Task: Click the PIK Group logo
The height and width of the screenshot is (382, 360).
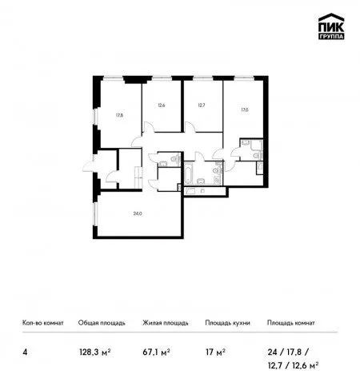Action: click(331, 26)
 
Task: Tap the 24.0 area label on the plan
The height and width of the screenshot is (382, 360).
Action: click(138, 213)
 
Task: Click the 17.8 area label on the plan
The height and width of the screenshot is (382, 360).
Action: click(119, 115)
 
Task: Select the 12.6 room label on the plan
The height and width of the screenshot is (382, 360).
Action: click(161, 105)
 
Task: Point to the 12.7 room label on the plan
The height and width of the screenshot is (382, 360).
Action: click(202, 105)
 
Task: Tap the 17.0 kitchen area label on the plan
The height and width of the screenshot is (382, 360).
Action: click(245, 109)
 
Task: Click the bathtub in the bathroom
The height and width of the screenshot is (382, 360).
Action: click(189, 173)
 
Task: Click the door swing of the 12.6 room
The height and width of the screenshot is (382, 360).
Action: click(149, 126)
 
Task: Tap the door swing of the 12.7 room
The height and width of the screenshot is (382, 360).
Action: click(190, 127)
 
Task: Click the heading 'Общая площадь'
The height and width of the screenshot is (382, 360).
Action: click(102, 323)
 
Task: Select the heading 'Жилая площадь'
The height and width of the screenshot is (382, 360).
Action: click(166, 323)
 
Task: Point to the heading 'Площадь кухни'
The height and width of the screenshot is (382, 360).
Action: click(227, 323)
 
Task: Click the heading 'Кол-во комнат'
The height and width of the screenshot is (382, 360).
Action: click(43, 323)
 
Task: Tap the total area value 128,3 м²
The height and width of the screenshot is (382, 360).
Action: click(95, 352)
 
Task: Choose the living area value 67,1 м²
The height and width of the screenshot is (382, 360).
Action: click(156, 352)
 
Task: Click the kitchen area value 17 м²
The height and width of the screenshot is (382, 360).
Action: click(215, 352)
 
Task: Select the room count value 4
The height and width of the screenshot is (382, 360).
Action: click(25, 352)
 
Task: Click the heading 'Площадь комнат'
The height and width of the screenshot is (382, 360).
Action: click(291, 323)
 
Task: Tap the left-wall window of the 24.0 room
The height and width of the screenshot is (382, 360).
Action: click(95, 214)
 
